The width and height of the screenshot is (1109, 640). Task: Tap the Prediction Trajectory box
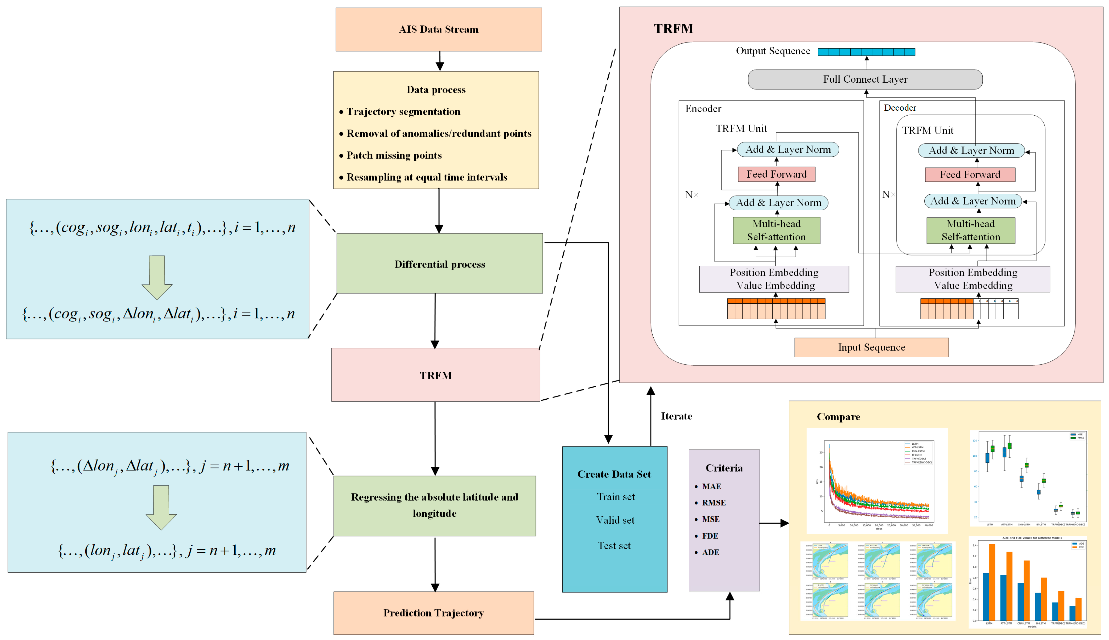click(433, 613)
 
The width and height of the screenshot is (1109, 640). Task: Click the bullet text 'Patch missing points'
click(394, 155)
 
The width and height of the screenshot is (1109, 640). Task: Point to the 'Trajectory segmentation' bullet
click(403, 112)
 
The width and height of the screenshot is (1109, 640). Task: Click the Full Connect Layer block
click(865, 80)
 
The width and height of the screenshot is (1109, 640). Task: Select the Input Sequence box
click(871, 347)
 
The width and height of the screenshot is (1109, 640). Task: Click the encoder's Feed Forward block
click(776, 174)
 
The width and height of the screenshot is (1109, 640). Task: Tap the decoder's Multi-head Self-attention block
click(971, 230)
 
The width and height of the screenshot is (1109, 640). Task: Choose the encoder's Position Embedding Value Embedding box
click(774, 279)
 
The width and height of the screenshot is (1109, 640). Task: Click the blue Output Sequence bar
click(866, 52)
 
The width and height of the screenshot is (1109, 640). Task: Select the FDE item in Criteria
click(710, 536)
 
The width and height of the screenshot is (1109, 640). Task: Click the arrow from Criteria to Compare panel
click(774, 523)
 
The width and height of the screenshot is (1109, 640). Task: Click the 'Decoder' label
click(900, 108)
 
